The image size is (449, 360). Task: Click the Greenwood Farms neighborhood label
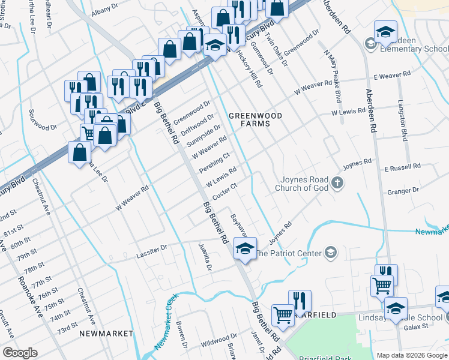[249, 119]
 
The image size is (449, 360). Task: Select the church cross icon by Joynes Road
[337, 183]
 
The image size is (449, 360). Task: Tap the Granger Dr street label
[403, 191]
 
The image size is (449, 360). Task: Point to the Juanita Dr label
[205, 257]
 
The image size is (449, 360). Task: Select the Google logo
[20, 353]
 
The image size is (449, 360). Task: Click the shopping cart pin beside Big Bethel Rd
[282, 313]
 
